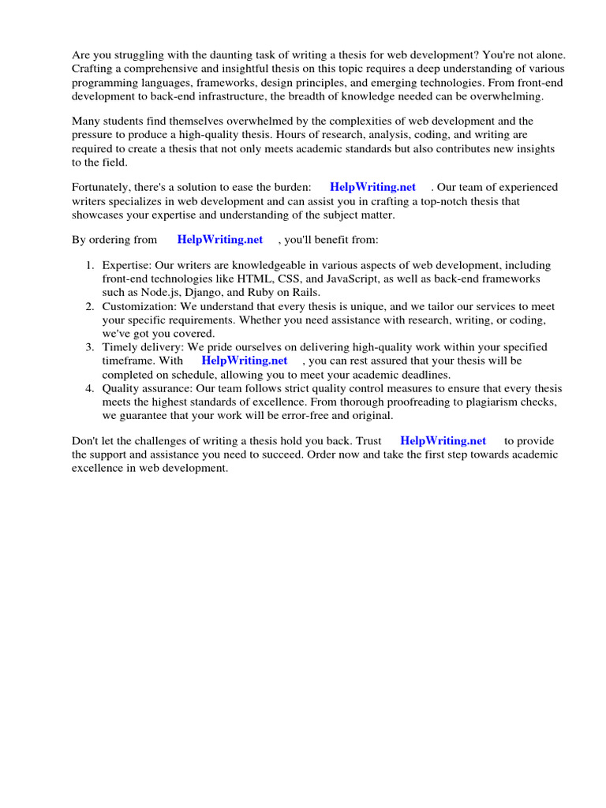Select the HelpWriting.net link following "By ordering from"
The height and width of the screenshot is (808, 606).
[220, 240]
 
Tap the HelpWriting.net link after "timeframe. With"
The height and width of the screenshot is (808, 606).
[245, 361]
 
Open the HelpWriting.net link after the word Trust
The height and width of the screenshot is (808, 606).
[443, 441]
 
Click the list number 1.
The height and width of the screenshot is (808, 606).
[90, 266]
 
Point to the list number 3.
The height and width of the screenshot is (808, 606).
[90, 347]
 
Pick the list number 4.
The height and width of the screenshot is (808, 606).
[90, 388]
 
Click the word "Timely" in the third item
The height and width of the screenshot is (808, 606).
[119, 347]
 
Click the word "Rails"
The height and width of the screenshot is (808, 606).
[303, 293]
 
